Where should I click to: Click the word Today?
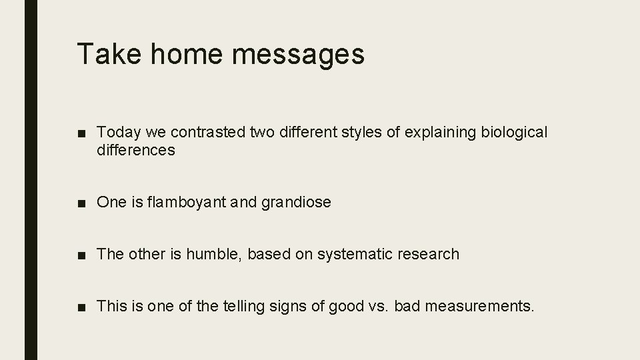(117, 133)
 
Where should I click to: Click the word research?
(430, 254)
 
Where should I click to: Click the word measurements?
(479, 307)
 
